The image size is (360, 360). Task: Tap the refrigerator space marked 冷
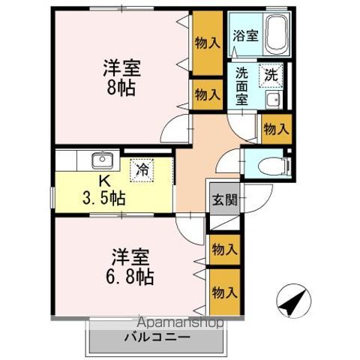(141, 169)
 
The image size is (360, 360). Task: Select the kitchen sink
(100, 160)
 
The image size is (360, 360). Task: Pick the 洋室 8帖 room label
(121, 76)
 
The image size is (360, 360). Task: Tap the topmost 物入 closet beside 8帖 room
(206, 43)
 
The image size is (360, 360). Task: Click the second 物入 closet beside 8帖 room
(206, 94)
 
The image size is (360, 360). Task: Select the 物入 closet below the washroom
(275, 128)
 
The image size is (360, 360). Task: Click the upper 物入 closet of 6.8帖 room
(223, 249)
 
